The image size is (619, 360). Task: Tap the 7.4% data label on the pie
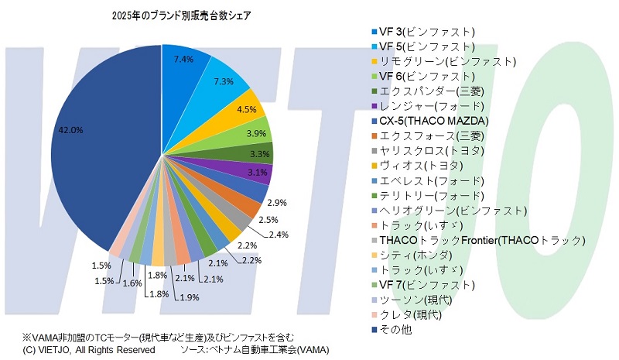coord(183,59)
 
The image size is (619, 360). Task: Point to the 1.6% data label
coord(132,284)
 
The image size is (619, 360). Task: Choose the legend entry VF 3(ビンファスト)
coord(426,32)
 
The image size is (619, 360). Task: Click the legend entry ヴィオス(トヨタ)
coord(421,166)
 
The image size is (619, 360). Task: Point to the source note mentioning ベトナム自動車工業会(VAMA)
coord(255,349)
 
